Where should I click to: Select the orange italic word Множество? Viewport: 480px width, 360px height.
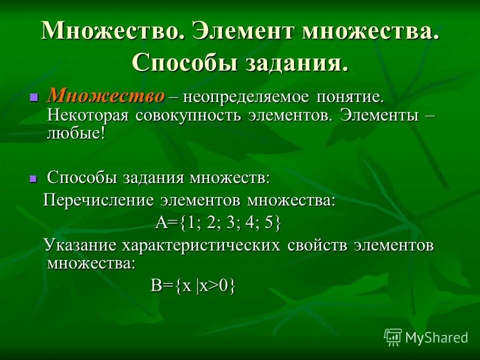105,95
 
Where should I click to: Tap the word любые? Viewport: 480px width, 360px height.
76,133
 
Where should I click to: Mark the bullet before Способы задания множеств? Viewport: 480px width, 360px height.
34,178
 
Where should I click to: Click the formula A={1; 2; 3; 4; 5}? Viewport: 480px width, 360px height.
218,222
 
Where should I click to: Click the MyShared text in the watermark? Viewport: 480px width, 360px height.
436,337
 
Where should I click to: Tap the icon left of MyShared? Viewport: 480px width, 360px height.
393,337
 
